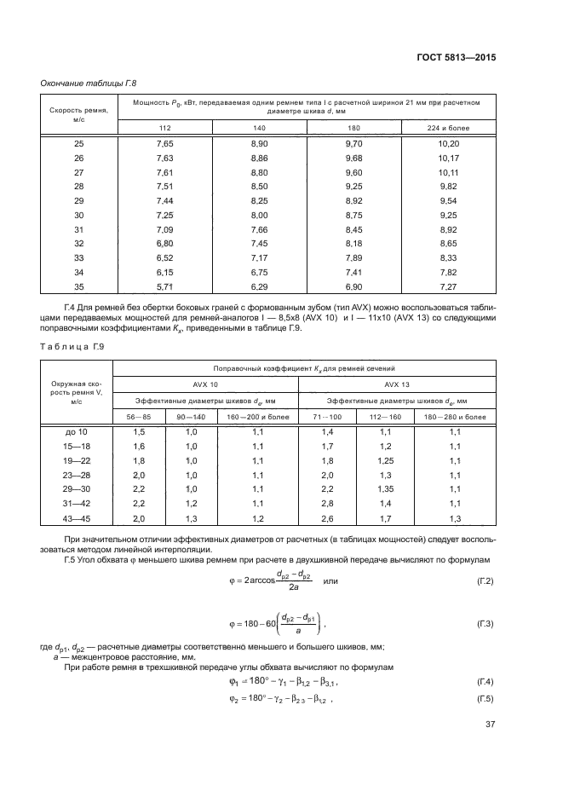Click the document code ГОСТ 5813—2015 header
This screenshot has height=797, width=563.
(x=456, y=57)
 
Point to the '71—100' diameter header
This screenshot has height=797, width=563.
(x=327, y=417)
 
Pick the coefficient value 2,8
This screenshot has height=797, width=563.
(x=327, y=505)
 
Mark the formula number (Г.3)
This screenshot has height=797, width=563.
(x=485, y=625)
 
